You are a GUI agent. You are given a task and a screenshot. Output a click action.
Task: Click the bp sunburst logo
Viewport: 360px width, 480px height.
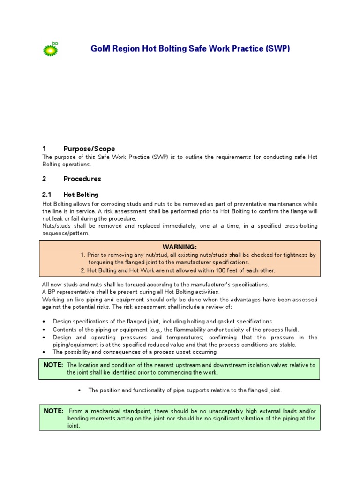click(51, 49)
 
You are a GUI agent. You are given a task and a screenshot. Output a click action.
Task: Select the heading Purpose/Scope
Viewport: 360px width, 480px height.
click(89, 149)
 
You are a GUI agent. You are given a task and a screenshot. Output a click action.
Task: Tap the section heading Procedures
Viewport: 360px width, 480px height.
click(82, 179)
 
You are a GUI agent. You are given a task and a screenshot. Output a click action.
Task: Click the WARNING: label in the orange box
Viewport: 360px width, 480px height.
click(180, 247)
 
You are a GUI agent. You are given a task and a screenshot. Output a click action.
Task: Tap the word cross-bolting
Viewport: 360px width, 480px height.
click(299, 226)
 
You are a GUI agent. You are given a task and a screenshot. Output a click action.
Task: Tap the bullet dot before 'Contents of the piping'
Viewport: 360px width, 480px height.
click(44, 330)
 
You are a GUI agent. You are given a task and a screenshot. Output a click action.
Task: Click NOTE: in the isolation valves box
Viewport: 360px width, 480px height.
click(54, 365)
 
